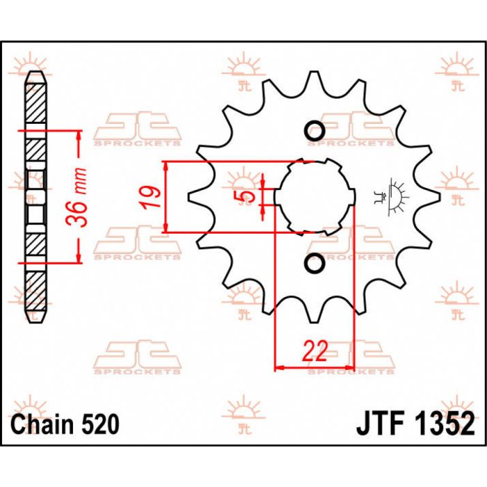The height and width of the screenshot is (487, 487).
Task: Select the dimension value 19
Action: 154,198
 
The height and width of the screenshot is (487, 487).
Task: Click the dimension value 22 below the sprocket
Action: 315,352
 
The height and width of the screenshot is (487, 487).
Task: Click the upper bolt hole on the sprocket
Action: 314,131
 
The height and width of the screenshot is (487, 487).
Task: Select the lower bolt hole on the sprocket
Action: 314,264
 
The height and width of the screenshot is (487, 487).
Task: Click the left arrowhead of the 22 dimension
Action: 280,367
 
